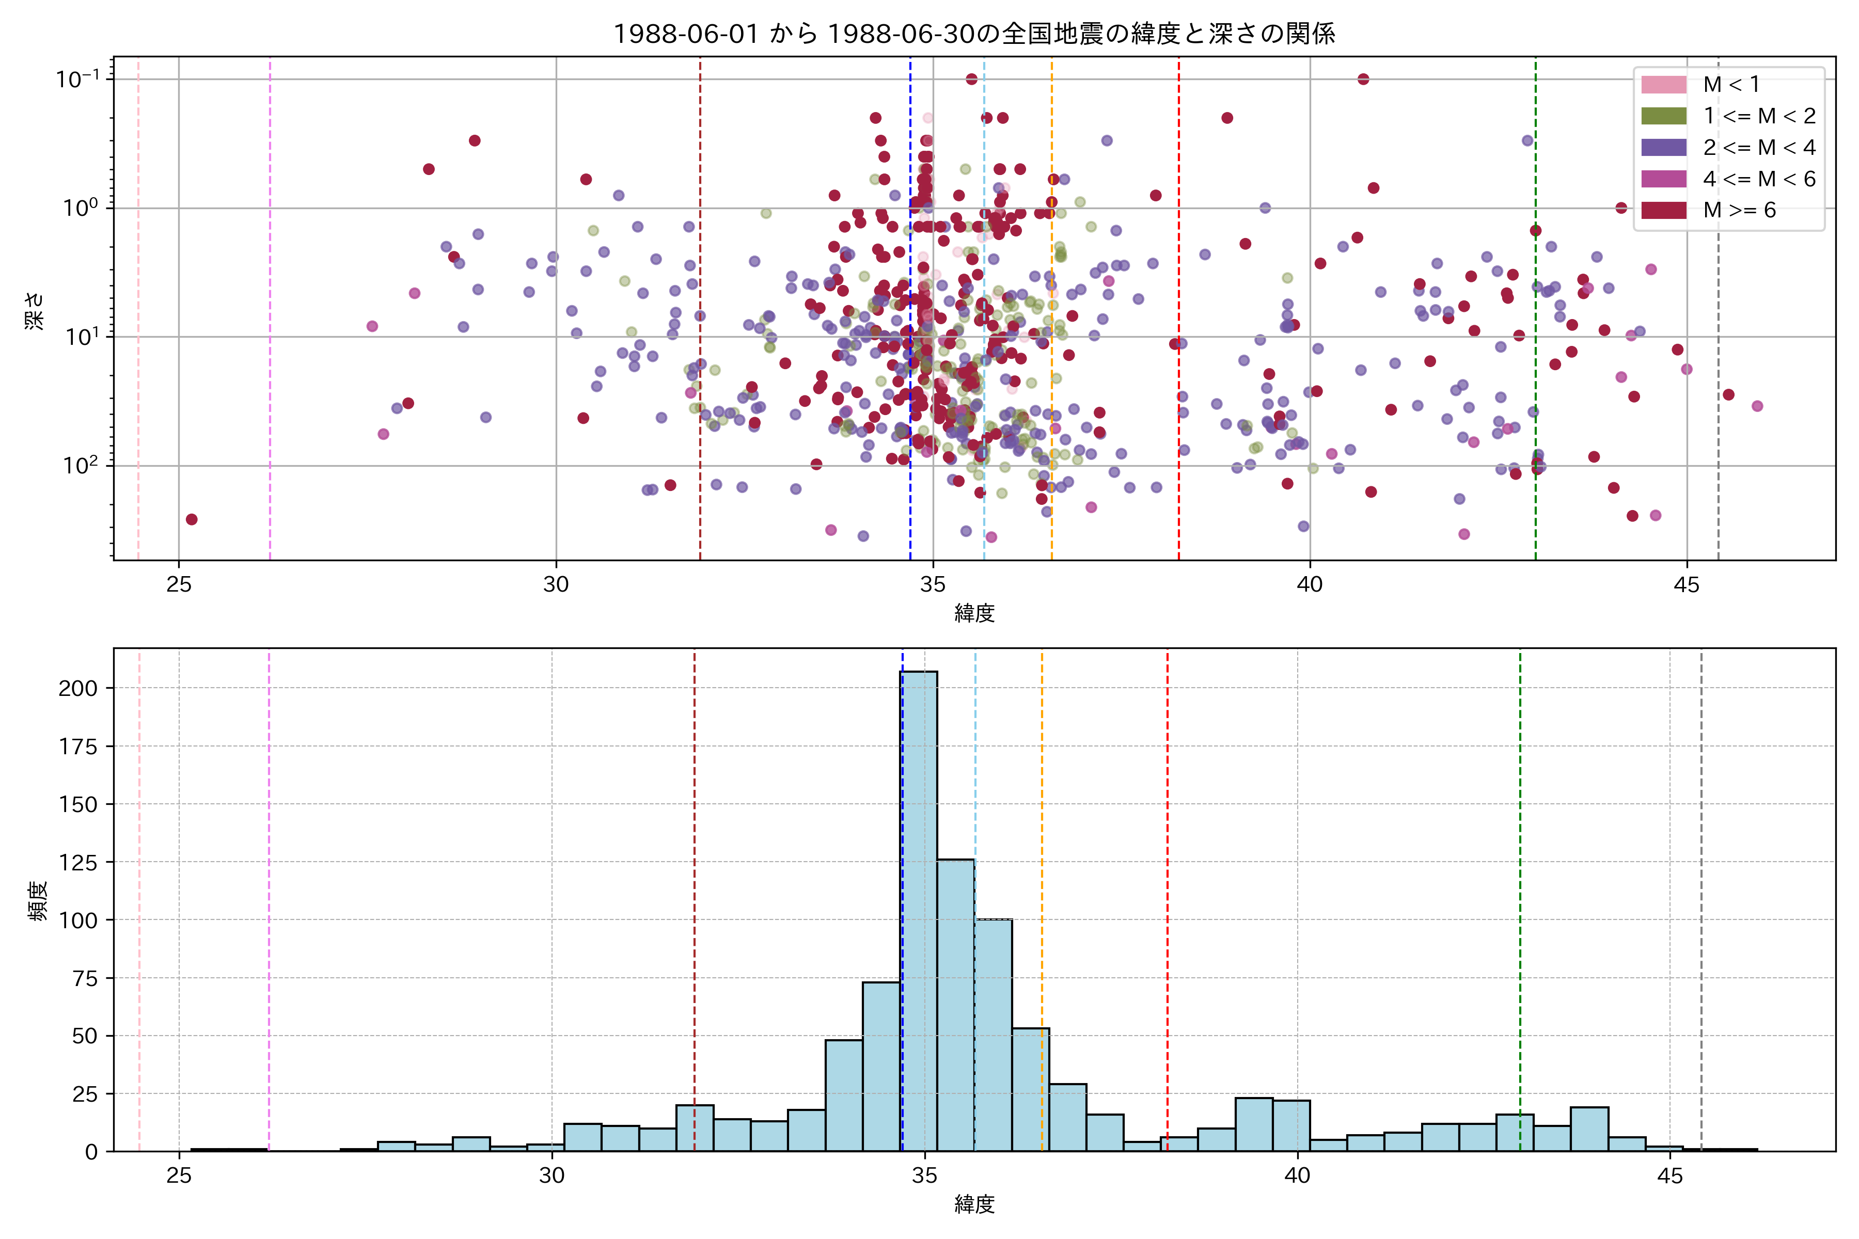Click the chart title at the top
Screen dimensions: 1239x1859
(974, 33)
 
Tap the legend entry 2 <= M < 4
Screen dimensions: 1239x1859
(1759, 148)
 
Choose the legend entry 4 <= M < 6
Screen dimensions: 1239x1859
(1759, 179)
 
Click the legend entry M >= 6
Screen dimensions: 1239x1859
(1739, 210)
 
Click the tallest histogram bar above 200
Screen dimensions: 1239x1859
(919, 909)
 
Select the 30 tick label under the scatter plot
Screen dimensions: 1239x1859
(556, 585)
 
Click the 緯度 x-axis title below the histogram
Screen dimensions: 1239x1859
(974, 1204)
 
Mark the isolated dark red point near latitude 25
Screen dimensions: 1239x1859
(191, 519)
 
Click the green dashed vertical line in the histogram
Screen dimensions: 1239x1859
(1519, 869)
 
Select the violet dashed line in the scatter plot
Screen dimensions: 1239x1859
(270, 316)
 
